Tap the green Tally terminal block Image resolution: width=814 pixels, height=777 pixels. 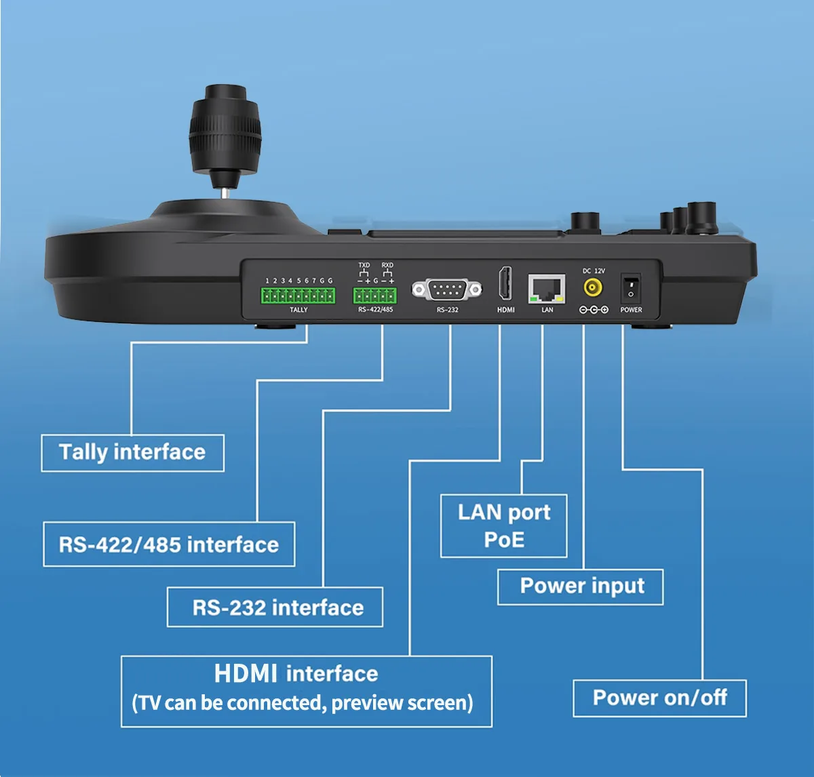click(x=298, y=296)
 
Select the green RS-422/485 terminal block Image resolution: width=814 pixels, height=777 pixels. click(x=374, y=296)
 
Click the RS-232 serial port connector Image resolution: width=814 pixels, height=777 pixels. click(x=447, y=290)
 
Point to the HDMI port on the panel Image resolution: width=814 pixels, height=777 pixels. click(x=505, y=283)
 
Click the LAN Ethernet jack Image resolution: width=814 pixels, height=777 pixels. click(x=547, y=289)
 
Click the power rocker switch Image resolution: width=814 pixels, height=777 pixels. click(x=631, y=288)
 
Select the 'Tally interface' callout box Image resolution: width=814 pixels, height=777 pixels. click(x=133, y=453)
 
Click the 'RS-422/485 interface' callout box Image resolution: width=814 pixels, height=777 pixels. click(x=169, y=544)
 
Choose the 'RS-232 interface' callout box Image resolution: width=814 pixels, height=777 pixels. click(x=275, y=607)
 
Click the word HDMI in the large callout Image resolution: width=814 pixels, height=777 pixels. click(x=246, y=674)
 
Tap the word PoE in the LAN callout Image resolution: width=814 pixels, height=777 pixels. click(x=504, y=540)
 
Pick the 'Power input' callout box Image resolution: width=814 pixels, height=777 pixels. click(x=581, y=586)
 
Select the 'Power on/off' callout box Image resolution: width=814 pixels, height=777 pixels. click(x=659, y=698)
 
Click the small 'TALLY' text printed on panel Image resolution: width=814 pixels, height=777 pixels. click(x=298, y=310)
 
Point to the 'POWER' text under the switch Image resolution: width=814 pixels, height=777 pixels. click(x=631, y=310)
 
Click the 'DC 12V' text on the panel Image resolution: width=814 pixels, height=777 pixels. click(x=594, y=271)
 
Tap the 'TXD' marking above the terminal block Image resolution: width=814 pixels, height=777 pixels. click(x=364, y=265)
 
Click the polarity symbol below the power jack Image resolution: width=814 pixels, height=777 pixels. click(x=594, y=310)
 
